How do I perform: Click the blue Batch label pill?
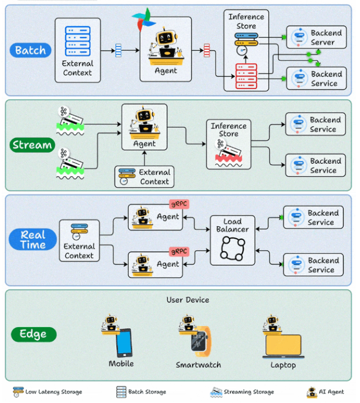(30, 50)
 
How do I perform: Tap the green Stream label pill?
(32, 145)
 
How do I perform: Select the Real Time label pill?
(33, 240)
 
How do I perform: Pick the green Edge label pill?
(34, 334)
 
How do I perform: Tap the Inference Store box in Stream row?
(229, 144)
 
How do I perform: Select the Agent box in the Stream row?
(144, 127)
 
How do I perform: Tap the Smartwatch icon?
(199, 343)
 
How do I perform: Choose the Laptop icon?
(282, 346)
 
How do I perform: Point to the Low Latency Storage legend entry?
(47, 392)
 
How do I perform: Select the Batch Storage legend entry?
(141, 392)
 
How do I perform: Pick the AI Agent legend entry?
(325, 392)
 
